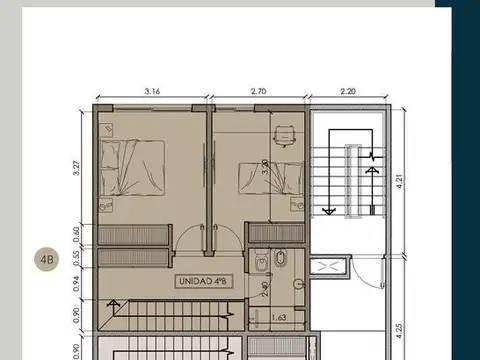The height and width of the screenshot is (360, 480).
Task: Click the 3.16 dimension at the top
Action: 153,91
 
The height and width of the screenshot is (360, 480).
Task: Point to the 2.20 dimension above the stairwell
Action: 348,91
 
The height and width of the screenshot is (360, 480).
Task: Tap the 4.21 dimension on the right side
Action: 398,181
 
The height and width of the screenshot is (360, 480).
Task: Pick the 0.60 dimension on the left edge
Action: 77,234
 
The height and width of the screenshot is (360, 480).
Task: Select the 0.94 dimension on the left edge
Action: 77,281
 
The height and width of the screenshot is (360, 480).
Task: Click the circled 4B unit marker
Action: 46,261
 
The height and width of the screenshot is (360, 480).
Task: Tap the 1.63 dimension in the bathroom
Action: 281,318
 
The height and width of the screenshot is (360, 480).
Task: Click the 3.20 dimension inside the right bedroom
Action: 264,167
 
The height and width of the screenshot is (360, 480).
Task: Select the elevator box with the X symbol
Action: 328,266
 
